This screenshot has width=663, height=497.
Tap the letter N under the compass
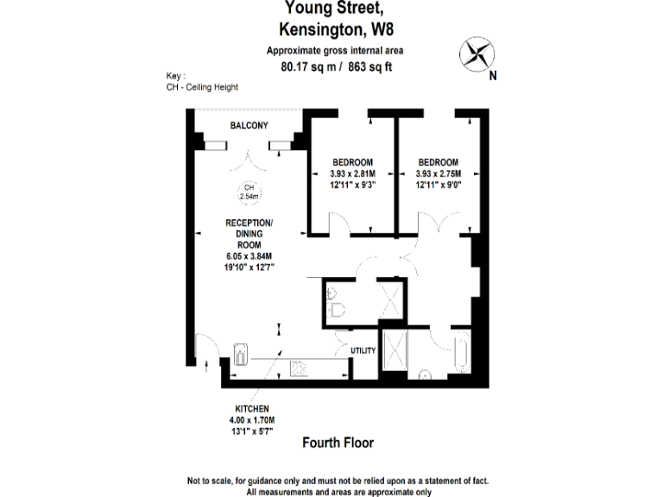(x=492, y=75)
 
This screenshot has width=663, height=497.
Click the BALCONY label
(x=249, y=126)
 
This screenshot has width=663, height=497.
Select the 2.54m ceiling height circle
(x=249, y=192)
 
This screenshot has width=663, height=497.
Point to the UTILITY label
(x=363, y=350)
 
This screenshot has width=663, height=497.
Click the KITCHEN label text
(x=252, y=408)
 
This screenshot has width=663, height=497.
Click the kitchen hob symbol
(x=300, y=366)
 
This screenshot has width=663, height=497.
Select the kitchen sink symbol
(x=241, y=355)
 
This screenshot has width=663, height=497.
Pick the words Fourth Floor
(x=338, y=443)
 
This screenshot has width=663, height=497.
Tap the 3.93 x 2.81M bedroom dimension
(x=352, y=173)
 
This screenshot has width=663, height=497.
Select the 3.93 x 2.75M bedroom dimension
(x=438, y=173)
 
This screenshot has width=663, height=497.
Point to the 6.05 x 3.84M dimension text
(x=249, y=255)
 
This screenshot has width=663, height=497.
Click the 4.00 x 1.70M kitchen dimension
(x=252, y=419)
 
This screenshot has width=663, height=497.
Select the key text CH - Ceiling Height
(x=202, y=87)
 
